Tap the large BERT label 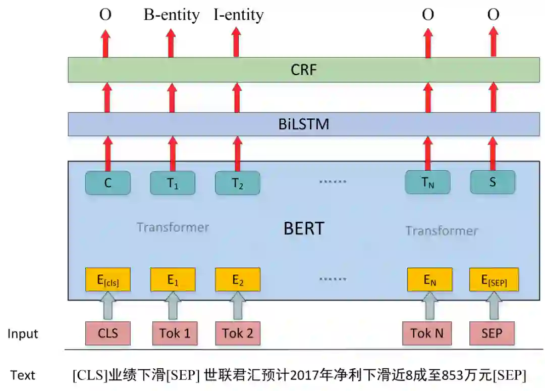pyautogui.click(x=303, y=228)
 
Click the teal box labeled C pyautogui.click(x=108, y=183)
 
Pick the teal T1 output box pyautogui.click(x=173, y=183)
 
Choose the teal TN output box pyautogui.click(x=427, y=183)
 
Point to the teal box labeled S pyautogui.click(x=493, y=182)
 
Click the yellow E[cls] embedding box pyautogui.click(x=108, y=280)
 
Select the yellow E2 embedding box pyautogui.click(x=238, y=280)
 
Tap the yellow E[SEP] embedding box pyautogui.click(x=494, y=280)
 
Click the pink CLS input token pyautogui.click(x=108, y=333)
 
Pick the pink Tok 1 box pyautogui.click(x=175, y=333)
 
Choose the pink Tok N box pyautogui.click(x=427, y=333)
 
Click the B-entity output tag pyautogui.click(x=172, y=15)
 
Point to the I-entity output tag pyautogui.click(x=238, y=15)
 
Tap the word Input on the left pyautogui.click(x=23, y=334)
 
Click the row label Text pyautogui.click(x=23, y=375)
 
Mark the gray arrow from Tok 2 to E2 pyautogui.click(x=238, y=306)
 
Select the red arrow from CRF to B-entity pyautogui.click(x=172, y=43)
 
